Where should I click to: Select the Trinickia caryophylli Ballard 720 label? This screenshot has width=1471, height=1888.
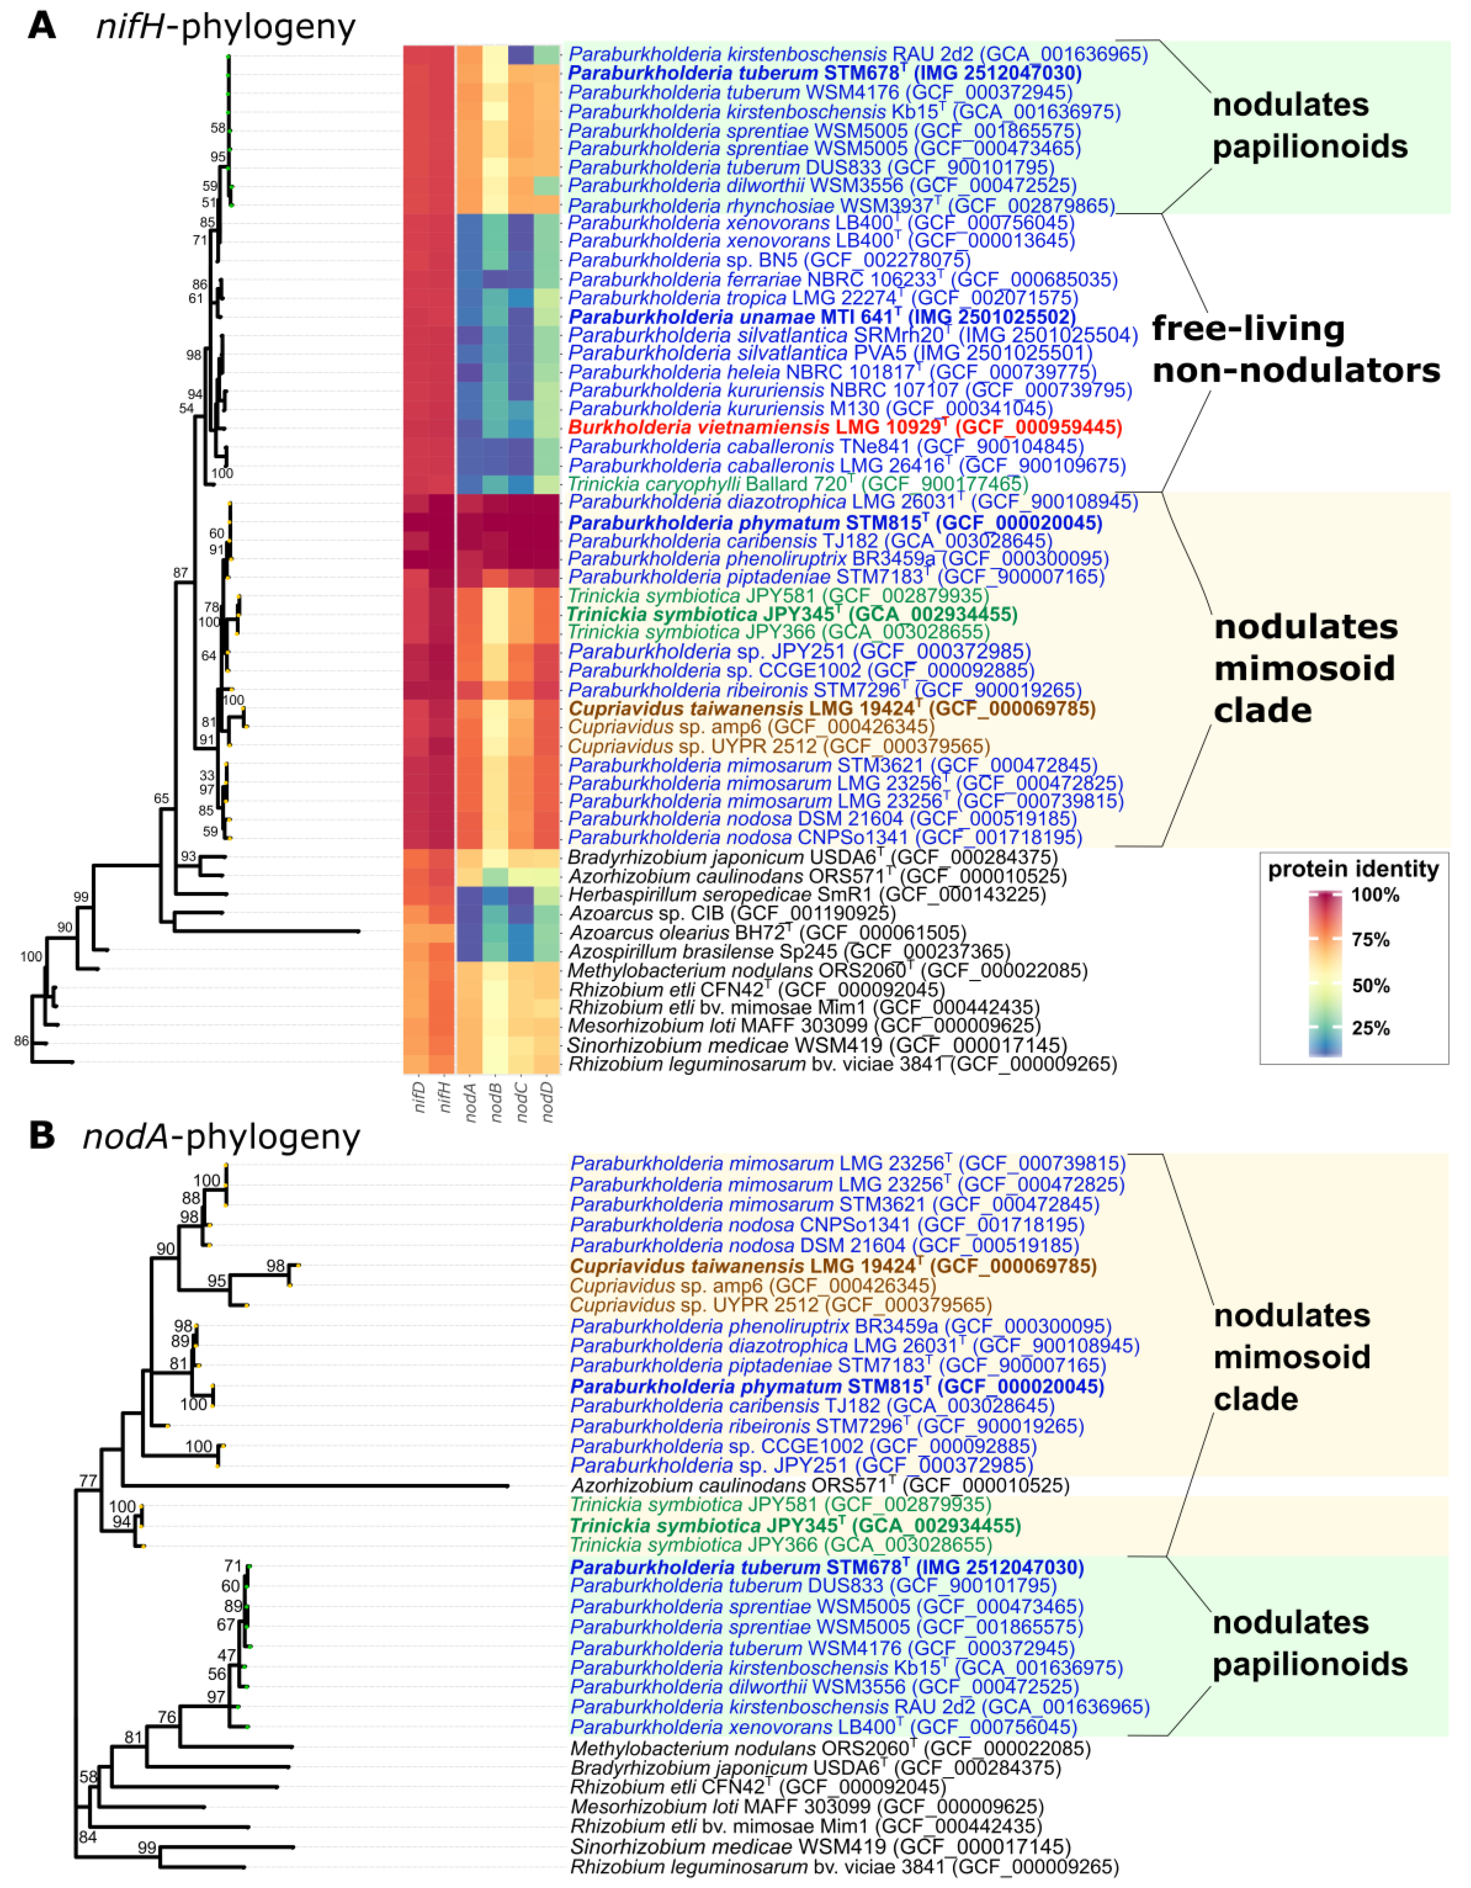(x=797, y=484)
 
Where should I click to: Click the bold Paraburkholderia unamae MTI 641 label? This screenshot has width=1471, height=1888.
(x=821, y=317)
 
